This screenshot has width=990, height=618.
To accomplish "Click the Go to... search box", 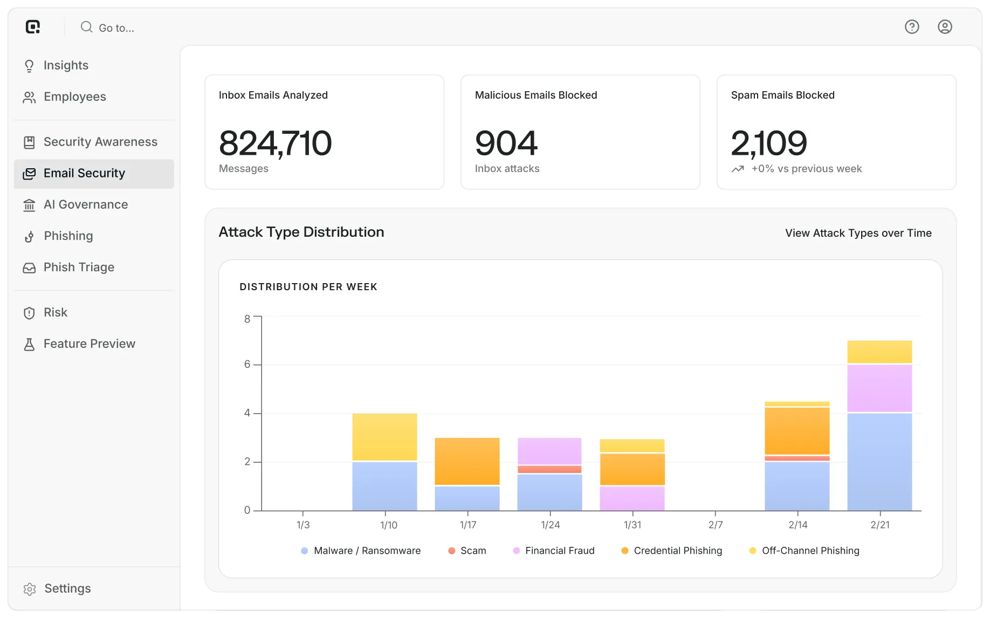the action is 107,28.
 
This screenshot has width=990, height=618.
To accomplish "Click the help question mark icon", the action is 912,27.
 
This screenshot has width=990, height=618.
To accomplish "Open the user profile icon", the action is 945,27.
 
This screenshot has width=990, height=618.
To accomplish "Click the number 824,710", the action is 275,143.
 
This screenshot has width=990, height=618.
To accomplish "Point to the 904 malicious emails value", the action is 506,143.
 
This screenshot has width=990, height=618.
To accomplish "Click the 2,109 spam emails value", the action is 769,143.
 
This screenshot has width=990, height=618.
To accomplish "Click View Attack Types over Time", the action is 858,233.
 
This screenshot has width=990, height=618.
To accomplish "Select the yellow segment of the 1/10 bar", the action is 384,437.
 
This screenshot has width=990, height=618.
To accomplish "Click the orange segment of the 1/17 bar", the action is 467,462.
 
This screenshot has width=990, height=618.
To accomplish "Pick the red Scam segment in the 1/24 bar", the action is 549,469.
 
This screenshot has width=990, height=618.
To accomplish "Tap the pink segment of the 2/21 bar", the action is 879,388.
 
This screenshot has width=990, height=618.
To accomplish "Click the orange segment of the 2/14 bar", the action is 797,431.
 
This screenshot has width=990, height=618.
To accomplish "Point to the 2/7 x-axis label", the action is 716,525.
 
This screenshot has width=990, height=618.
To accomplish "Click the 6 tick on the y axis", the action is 247,365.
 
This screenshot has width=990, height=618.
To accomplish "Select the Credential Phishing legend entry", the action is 671,551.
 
